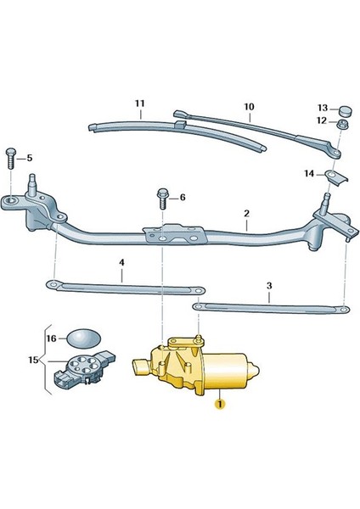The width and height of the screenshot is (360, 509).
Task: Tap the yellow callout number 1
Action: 219,405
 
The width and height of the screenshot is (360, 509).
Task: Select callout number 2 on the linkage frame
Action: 245,215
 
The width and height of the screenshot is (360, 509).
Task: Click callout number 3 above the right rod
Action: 269,286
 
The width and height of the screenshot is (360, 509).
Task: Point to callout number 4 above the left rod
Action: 121,264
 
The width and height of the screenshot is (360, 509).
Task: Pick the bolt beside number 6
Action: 161,199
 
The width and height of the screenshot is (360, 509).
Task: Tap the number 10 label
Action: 249,107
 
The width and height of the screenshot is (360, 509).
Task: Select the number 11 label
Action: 140,104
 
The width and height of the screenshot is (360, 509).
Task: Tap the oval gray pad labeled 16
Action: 82,338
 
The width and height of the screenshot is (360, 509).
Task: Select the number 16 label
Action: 51,338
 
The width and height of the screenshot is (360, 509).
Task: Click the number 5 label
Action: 29,158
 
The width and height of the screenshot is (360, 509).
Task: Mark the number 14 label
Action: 309,174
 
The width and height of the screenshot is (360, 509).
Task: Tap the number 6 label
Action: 181,198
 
